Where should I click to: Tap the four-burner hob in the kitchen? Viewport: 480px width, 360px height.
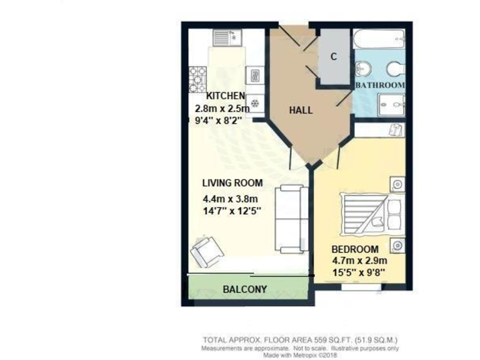pos(197,79)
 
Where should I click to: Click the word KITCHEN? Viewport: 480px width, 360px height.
pos(226,96)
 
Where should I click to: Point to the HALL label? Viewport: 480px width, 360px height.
pos(301,111)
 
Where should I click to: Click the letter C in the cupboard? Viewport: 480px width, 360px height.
pos(334,57)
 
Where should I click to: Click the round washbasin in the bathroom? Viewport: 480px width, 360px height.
pos(362,68)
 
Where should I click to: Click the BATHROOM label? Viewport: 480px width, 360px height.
pos(380,84)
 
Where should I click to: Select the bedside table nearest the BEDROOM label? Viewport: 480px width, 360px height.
pos(397,246)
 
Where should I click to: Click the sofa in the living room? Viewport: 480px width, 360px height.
pos(292,218)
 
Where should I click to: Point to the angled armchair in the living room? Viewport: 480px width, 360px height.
pos(206,252)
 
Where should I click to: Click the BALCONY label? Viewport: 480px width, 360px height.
pos(245,289)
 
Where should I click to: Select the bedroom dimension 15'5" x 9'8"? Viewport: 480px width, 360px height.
pos(359,272)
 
